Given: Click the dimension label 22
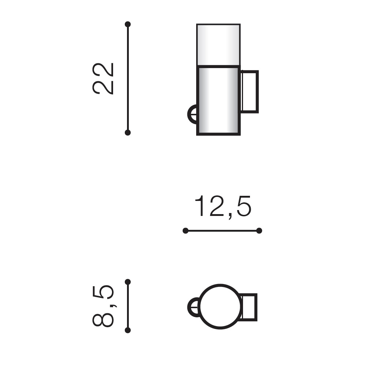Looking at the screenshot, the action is (x=103, y=79).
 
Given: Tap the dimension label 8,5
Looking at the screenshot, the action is (x=103, y=306).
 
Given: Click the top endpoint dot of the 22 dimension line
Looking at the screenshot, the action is (x=128, y=24).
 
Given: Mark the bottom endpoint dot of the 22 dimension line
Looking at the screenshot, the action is (x=128, y=132).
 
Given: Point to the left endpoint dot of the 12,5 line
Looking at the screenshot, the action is (x=186, y=231).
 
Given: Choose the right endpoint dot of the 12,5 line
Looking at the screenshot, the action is (x=259, y=231).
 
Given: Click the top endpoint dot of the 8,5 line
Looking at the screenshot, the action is (x=128, y=282).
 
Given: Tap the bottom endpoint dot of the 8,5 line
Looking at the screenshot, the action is (x=128, y=330).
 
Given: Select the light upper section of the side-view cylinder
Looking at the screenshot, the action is (x=219, y=45).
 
